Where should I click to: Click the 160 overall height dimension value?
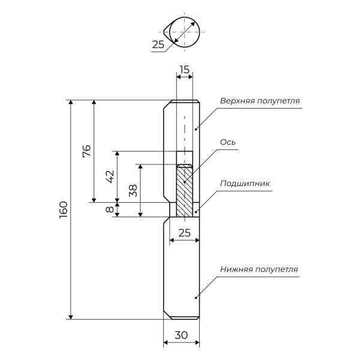64,209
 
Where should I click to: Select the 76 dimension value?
86,151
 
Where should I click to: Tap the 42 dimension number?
109,176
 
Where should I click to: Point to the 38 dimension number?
133,190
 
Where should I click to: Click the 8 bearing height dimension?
109,210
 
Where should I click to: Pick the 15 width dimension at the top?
184,70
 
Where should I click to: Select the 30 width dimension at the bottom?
181,337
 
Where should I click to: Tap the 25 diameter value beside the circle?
158,44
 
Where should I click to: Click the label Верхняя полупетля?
259,100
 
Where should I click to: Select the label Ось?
227,142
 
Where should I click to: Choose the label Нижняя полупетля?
259,269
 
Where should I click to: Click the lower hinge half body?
182,270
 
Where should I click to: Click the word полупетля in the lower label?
276,269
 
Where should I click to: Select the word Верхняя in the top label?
236,100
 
